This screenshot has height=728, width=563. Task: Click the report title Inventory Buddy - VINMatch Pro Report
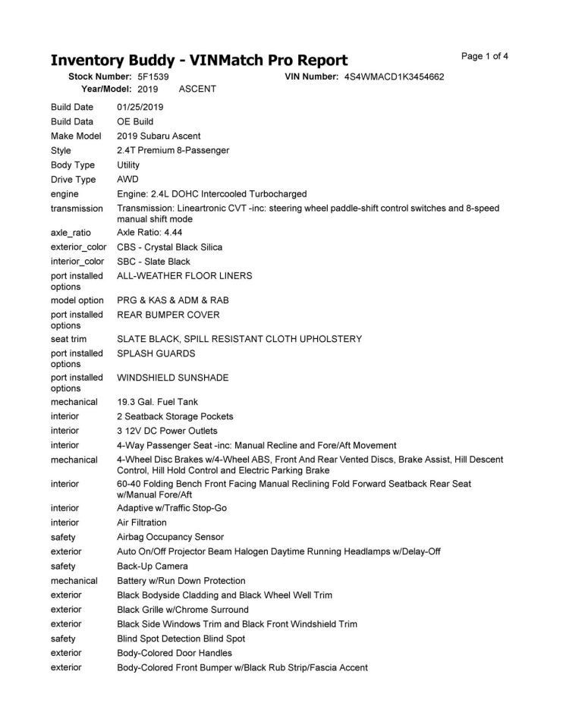click(199, 60)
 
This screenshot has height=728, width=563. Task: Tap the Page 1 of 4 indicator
click(484, 56)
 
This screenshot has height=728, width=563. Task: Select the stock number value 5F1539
click(153, 77)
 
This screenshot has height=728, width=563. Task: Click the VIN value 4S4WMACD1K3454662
click(394, 77)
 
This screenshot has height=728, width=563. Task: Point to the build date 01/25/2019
click(140, 107)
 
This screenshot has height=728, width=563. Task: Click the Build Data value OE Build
click(135, 121)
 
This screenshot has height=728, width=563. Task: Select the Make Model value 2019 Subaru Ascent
click(159, 136)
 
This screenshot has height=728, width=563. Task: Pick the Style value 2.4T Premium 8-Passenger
click(173, 150)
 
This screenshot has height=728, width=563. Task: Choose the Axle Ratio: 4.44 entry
click(149, 232)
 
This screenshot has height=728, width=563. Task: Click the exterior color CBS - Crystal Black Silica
click(170, 247)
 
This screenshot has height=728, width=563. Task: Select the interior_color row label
click(77, 262)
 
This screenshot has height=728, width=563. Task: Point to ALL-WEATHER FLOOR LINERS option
click(184, 276)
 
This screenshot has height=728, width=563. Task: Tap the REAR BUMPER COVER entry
click(168, 315)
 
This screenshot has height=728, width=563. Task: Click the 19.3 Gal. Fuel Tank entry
click(156, 402)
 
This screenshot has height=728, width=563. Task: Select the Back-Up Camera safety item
click(153, 566)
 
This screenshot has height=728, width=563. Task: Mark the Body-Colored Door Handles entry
click(175, 653)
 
